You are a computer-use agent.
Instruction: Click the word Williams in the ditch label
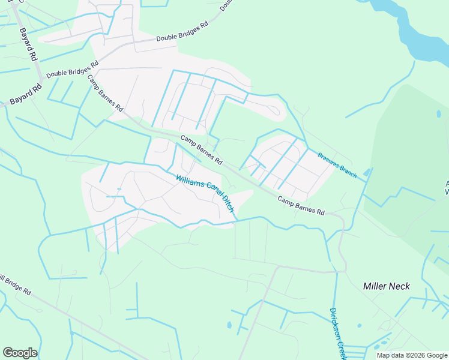(x=188, y=180)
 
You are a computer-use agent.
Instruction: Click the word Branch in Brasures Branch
(x=349, y=172)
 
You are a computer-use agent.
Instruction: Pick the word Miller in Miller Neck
(x=376, y=286)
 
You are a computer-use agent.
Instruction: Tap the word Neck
(x=400, y=286)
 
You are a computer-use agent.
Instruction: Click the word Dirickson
(x=334, y=325)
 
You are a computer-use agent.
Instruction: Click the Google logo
(x=20, y=353)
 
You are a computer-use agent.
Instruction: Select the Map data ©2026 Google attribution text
(x=411, y=355)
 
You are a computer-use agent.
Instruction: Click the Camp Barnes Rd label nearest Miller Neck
(x=301, y=205)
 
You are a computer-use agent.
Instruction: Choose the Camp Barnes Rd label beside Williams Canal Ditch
(x=202, y=150)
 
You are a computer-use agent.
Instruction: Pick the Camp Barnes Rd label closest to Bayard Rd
(x=105, y=94)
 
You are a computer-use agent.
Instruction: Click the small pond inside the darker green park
(x=439, y=113)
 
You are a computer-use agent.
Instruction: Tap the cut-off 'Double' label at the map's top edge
(x=226, y=5)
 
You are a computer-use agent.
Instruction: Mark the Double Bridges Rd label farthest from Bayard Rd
(x=182, y=33)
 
